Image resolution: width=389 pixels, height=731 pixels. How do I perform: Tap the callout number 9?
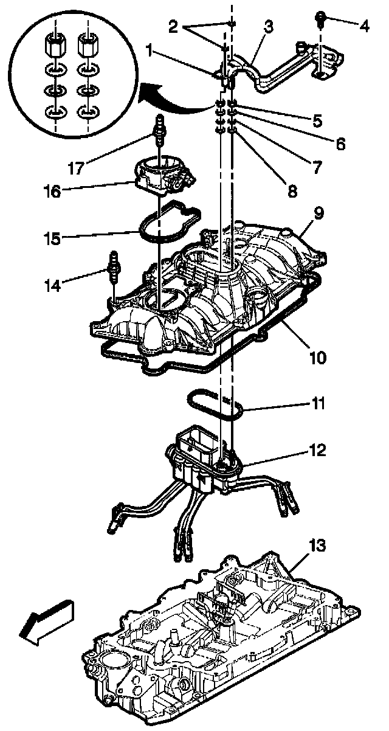coord(318,213)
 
